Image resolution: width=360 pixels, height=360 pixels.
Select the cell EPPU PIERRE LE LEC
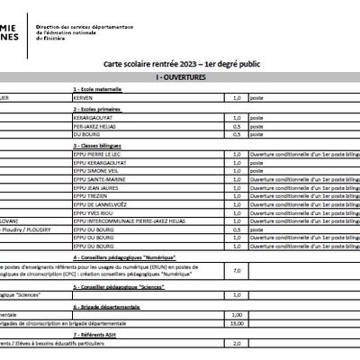point(96,155)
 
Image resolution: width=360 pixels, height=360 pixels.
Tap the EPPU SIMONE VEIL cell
point(94,171)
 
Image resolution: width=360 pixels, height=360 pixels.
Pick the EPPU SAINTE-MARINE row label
point(98,179)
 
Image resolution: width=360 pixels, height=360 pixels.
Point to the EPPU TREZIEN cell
point(91,195)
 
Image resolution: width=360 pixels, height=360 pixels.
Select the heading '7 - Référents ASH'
point(96,334)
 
